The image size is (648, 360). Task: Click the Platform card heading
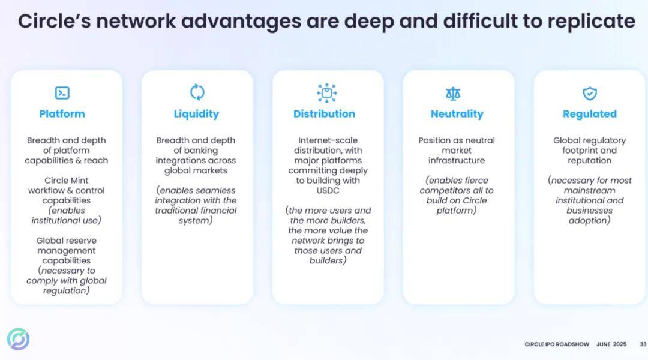click(62, 113)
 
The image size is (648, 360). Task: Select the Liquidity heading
click(196, 114)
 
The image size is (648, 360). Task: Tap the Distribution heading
click(324, 113)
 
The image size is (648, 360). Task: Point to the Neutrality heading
click(457, 114)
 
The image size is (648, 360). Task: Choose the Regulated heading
click(590, 114)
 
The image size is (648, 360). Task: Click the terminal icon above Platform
click(62, 92)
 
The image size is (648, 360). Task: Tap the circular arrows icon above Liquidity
click(197, 92)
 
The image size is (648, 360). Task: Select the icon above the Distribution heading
click(326, 93)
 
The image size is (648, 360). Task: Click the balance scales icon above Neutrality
click(453, 94)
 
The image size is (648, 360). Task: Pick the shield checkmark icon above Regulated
click(590, 94)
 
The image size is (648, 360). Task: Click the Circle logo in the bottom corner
click(18, 339)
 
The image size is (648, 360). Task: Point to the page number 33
click(643, 344)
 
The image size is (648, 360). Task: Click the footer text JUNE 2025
click(611, 344)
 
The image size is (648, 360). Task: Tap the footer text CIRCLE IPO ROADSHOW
click(557, 344)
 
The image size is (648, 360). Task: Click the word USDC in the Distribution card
click(328, 191)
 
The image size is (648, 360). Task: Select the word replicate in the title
click(592, 22)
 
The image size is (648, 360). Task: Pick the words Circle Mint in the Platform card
click(66, 180)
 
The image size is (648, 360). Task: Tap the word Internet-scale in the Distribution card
click(328, 140)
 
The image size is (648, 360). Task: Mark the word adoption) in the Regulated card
click(589, 221)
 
